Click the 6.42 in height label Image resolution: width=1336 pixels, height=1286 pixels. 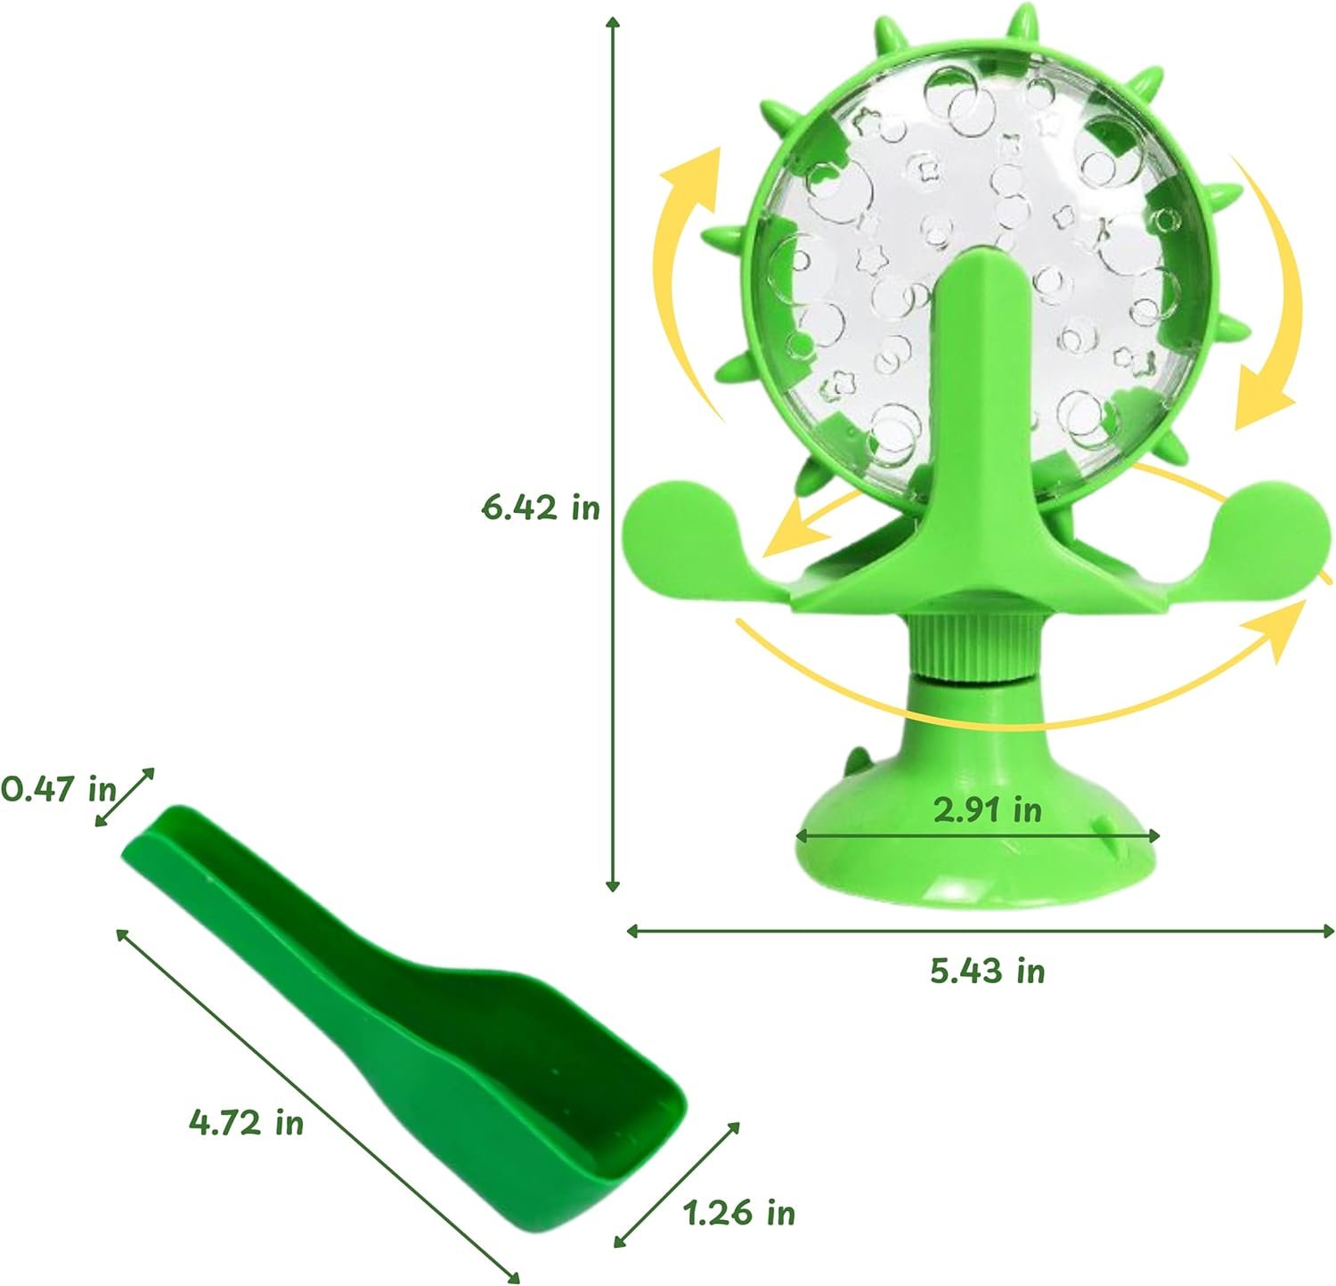click(541, 508)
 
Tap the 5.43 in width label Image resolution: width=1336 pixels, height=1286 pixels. click(988, 970)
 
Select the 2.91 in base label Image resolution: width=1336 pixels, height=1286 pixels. click(987, 810)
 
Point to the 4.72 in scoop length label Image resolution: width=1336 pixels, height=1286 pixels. click(246, 1122)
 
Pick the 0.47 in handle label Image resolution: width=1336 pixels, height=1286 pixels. click(59, 788)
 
